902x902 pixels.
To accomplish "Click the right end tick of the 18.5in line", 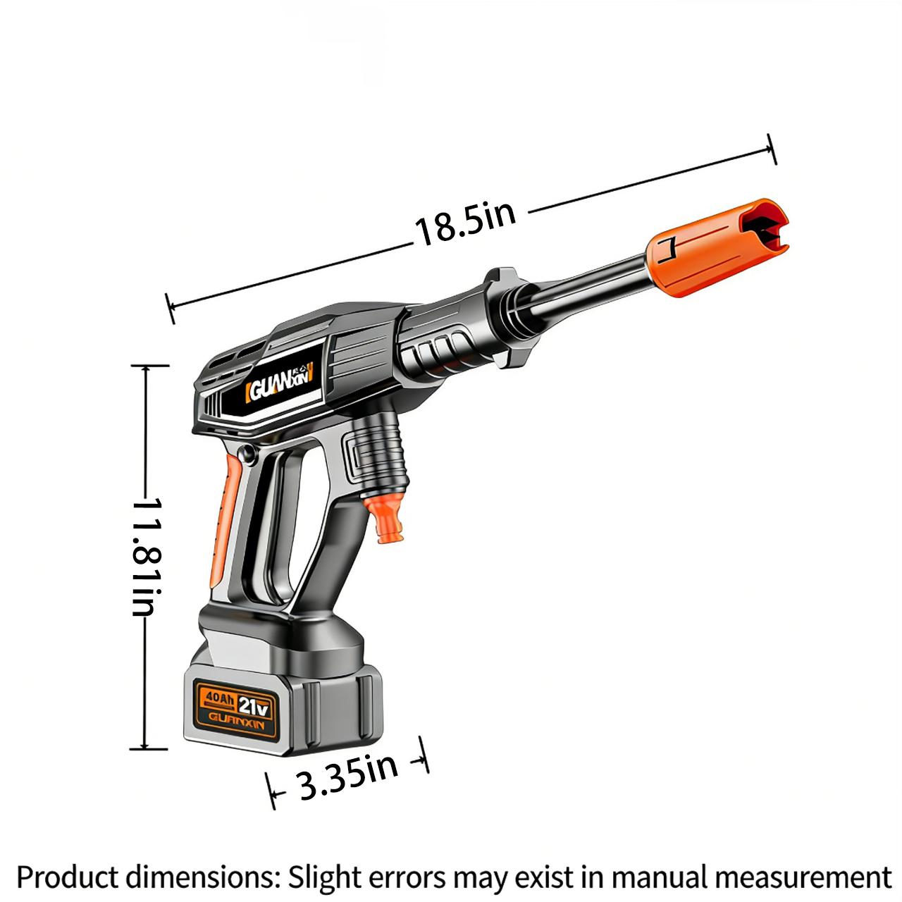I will point(771,148).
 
